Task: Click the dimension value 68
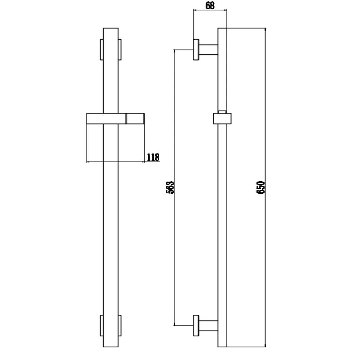(210, 6)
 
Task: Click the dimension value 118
(153, 157)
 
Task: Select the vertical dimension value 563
(170, 187)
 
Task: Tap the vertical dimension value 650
(261, 187)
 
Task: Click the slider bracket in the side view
(222, 118)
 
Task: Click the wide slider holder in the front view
(115, 118)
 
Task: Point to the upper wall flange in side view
(196, 50)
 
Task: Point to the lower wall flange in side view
(196, 325)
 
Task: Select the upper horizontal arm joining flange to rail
(208, 50)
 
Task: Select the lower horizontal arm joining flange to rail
(208, 325)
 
